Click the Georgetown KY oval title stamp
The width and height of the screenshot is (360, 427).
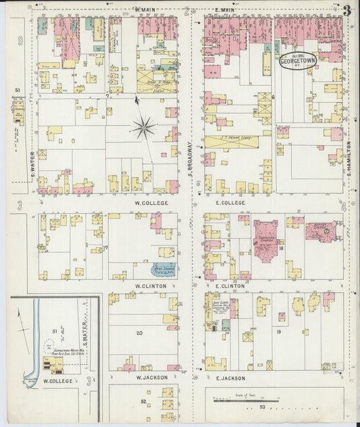(298, 60)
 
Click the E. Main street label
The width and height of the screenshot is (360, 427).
(225, 9)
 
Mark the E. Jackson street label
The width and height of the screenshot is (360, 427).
(232, 377)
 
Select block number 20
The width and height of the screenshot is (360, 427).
(139, 333)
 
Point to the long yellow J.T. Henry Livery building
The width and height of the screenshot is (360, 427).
(233, 143)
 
